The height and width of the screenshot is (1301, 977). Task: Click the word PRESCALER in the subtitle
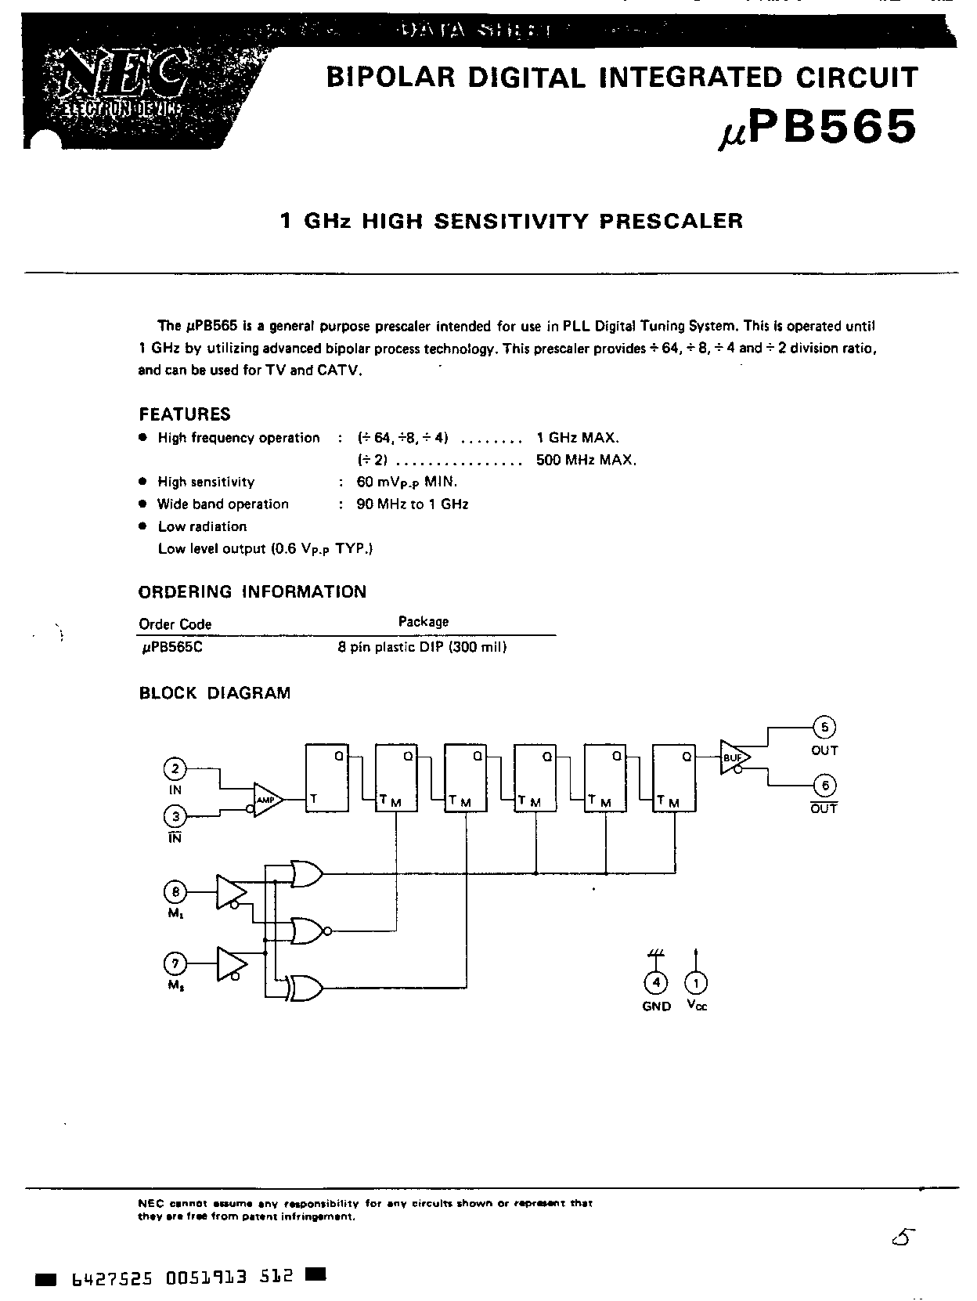pos(671,221)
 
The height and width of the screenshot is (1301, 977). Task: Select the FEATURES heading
pos(185,414)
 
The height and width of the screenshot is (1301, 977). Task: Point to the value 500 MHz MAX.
pos(586,460)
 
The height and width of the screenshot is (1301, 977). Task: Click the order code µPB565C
pos(171,648)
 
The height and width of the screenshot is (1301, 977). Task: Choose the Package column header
pos(424,622)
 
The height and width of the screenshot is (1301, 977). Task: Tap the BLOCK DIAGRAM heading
pos(215,693)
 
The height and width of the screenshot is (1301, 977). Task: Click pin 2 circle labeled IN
pos(175,768)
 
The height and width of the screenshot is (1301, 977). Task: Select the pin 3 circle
pos(175,817)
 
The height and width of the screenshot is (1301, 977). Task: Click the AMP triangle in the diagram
pos(265,800)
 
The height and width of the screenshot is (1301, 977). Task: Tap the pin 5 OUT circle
pos(824,728)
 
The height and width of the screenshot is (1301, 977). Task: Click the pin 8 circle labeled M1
pos(175,891)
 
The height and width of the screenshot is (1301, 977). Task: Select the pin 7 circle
pos(175,963)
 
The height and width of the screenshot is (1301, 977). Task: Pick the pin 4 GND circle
pos(656,982)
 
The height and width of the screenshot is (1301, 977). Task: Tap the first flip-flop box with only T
pos(326,777)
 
